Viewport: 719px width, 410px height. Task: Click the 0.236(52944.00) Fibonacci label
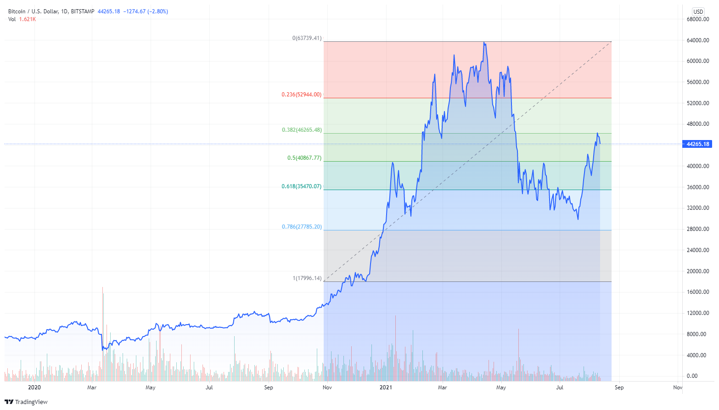[301, 95]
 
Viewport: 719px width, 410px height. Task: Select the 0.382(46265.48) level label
[302, 130]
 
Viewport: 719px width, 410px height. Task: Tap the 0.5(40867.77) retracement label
[304, 158]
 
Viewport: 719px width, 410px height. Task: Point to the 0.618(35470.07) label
[301, 186]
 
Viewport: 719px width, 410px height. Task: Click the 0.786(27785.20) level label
[301, 227]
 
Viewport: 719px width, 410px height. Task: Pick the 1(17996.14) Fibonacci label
[307, 278]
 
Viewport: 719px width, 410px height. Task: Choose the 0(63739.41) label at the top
[307, 38]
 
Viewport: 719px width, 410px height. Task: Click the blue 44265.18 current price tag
[697, 144]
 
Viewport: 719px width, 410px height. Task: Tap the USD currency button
[698, 12]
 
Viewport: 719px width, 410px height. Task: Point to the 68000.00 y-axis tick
[698, 19]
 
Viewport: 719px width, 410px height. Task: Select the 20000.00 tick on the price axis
[698, 271]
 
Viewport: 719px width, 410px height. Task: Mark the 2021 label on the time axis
[386, 388]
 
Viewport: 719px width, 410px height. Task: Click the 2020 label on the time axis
[34, 388]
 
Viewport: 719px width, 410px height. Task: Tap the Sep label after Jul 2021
[619, 388]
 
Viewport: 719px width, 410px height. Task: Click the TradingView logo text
[31, 402]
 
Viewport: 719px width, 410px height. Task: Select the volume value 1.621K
[28, 19]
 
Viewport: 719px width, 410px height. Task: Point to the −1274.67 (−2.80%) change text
[146, 11]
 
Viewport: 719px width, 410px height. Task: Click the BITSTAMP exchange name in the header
[83, 11]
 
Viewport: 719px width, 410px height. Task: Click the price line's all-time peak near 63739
[484, 42]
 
